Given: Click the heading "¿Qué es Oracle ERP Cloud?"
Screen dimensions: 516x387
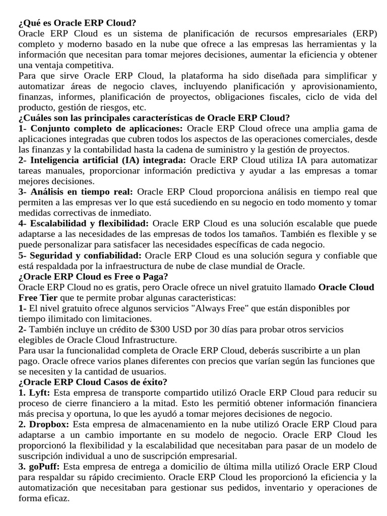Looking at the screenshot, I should tap(77, 23).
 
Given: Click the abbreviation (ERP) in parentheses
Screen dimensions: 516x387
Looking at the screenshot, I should tap(362, 34).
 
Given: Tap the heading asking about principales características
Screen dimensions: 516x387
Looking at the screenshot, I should tap(154, 118).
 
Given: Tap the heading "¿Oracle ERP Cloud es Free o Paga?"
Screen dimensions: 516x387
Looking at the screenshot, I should tap(93, 277).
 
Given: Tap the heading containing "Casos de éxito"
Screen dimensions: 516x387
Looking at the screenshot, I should tap(93, 382).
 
